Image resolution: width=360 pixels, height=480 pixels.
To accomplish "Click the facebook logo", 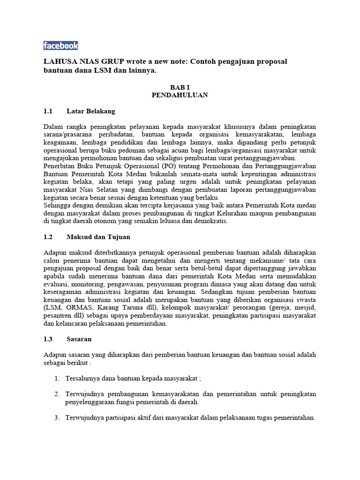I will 60,45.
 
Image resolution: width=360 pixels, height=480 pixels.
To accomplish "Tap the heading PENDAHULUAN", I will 180,95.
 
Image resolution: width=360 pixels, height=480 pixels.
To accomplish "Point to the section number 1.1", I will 48,111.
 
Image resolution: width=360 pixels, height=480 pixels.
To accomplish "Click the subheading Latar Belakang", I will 90,111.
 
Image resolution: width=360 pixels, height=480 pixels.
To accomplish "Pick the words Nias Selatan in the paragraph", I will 94,190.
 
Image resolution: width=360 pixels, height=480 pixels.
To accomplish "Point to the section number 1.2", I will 48,238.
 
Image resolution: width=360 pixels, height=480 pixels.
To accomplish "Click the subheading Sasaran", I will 79,339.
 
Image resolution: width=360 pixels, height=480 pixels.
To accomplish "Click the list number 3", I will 57,418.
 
